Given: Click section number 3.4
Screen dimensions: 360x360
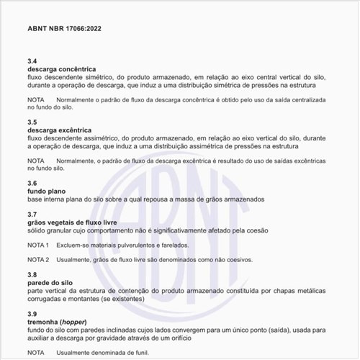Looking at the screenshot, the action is [x=32, y=61].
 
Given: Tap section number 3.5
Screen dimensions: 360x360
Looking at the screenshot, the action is [x=32, y=122].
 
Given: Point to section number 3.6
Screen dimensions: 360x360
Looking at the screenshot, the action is [x=32, y=183].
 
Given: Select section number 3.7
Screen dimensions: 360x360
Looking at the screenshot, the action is [x=32, y=214].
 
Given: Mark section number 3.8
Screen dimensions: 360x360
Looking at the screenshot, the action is [x=32, y=274].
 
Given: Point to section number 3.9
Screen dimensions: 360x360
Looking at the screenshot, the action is [x=32, y=314].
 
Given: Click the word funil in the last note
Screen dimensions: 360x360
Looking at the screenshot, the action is [x=140, y=352].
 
